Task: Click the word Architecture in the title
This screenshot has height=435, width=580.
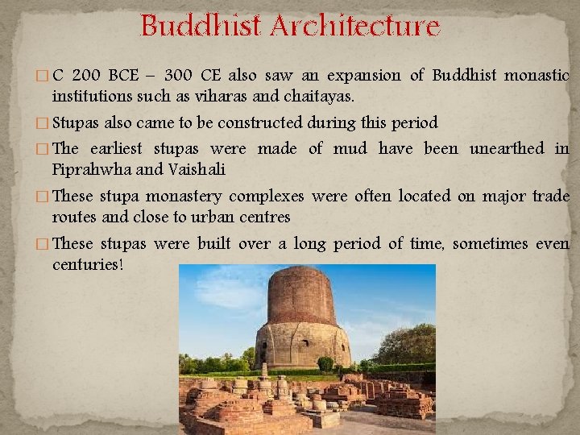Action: [355, 27]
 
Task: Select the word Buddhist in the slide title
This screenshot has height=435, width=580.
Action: [202, 27]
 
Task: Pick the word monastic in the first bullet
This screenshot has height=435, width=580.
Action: [536, 76]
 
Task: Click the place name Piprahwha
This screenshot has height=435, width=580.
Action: [83, 170]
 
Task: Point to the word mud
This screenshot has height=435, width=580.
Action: [350, 148]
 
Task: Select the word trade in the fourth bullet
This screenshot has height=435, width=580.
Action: [552, 196]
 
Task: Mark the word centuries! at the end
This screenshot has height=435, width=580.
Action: [88, 265]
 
